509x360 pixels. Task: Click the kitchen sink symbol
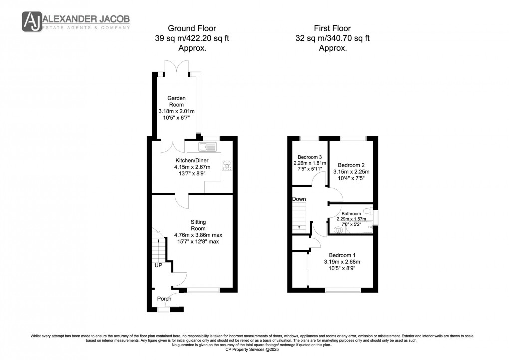point(207,147)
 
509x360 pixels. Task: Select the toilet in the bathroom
point(367,211)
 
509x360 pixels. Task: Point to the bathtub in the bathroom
point(352,230)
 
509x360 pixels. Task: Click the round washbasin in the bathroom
point(339,230)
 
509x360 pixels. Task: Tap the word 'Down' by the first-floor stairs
point(299,199)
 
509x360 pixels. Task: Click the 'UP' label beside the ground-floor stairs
point(158,265)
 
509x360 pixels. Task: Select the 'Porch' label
point(164,299)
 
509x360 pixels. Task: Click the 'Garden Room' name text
point(176,102)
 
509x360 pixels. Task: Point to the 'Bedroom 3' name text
point(306,156)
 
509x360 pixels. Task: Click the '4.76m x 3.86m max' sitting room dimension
point(198,235)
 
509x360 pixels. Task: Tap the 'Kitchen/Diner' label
point(192,160)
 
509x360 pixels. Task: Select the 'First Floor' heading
point(333,28)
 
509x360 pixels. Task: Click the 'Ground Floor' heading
point(192,28)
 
